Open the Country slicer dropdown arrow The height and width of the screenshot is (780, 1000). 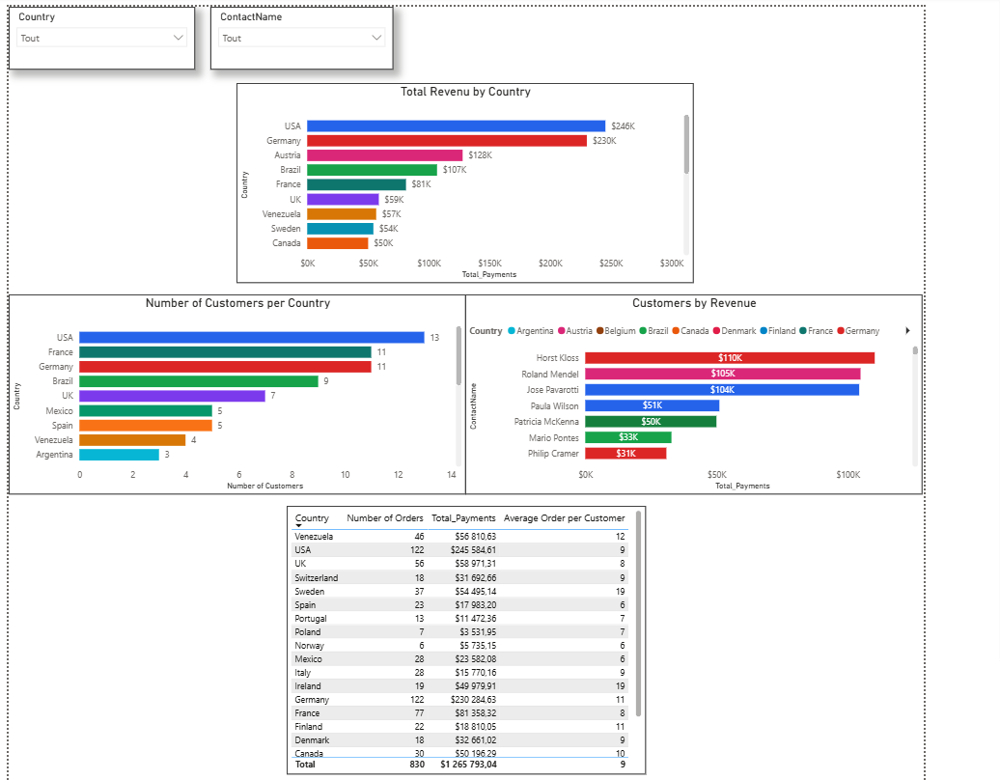coord(179,38)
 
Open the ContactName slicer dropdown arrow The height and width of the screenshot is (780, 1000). coord(376,38)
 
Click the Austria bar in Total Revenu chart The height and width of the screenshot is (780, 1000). coord(384,155)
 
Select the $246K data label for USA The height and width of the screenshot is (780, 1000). coord(624,126)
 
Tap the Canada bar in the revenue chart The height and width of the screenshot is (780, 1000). coord(338,243)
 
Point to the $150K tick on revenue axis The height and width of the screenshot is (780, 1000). coord(489,263)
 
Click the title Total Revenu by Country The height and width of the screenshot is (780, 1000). coord(465,92)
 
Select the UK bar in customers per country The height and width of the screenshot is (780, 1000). coord(172,396)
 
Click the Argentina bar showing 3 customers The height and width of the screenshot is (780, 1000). coord(120,455)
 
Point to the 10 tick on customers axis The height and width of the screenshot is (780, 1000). coord(345,475)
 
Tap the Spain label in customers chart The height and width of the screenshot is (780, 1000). coord(63,426)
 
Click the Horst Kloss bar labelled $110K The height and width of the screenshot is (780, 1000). coord(730,358)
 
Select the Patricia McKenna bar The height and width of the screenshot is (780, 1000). coord(651,422)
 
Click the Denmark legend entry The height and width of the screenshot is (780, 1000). coord(735,330)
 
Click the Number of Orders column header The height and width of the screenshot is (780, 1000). coord(384,517)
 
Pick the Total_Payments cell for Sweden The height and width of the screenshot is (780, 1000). coord(475,591)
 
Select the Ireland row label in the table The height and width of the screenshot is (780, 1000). coord(307,686)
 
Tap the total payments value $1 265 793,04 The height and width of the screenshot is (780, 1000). coord(468,764)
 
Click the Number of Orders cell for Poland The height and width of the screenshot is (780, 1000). coord(421,632)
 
